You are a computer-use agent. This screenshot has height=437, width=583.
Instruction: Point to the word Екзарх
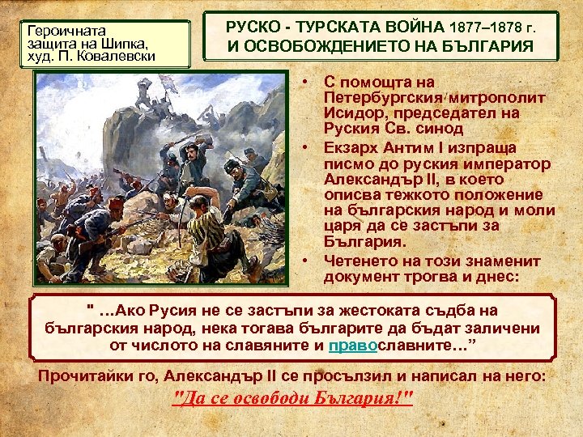(x=350, y=149)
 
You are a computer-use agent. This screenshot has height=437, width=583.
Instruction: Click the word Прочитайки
(x=97, y=376)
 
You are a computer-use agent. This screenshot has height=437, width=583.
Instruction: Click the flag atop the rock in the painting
(x=169, y=83)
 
